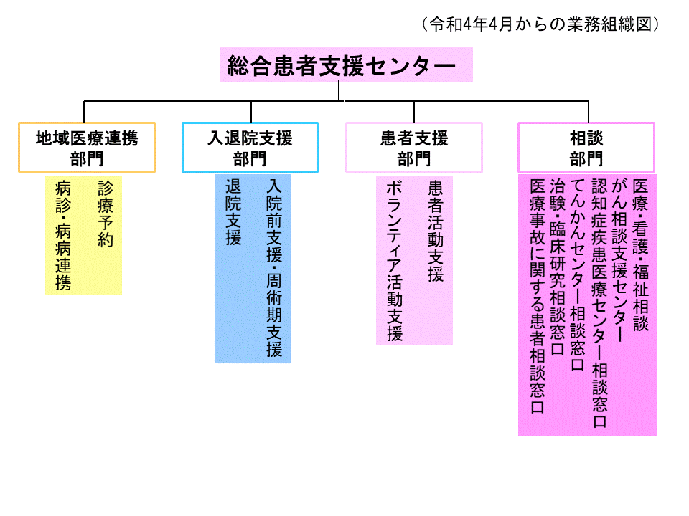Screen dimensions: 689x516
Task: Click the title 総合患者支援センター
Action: point(342,66)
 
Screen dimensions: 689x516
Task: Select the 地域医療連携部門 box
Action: point(87,148)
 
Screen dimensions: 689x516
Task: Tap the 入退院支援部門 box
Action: point(250,148)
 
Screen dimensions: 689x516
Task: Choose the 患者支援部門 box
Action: point(414,148)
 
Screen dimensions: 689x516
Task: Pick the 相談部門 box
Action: point(586,148)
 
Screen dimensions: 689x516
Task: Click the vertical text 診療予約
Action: point(106,214)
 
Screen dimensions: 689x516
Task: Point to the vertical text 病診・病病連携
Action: point(63,236)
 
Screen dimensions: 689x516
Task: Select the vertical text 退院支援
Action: point(233,212)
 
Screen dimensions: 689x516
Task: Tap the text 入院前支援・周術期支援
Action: point(274,268)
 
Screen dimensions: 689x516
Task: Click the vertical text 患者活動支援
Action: point(436,231)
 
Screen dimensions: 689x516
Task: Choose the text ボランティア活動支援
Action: point(395,261)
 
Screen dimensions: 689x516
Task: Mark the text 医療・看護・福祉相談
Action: point(641,254)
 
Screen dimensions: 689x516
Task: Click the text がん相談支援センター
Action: point(619,259)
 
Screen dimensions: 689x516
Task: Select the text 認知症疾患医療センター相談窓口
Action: point(599,303)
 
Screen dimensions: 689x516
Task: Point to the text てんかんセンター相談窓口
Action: point(578,275)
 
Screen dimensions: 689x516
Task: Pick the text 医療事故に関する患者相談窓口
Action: point(538,296)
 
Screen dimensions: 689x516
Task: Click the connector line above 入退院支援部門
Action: point(251,112)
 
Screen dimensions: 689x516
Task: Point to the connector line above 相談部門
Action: point(589,112)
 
